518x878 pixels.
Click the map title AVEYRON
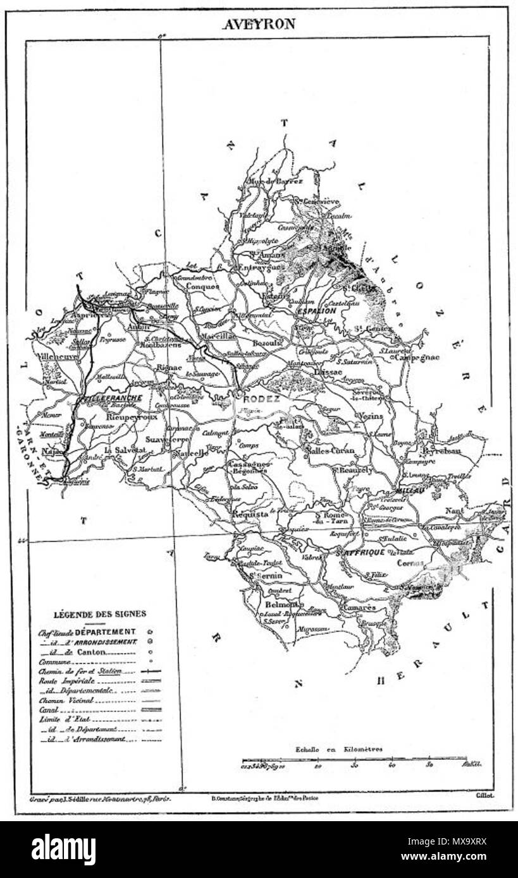click(x=258, y=24)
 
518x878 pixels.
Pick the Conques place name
click(x=203, y=286)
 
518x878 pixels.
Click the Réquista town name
click(x=250, y=514)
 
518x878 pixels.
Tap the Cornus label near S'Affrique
click(x=410, y=563)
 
